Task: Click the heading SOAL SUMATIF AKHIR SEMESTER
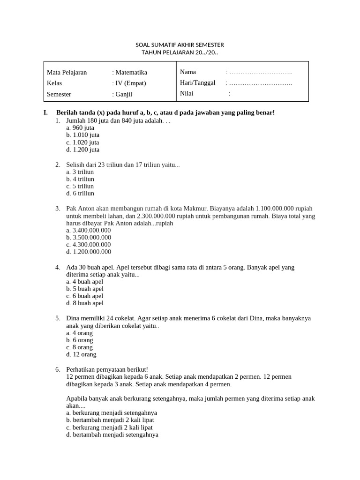pyautogui.click(x=180, y=45)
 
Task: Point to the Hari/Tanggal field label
pyautogui.click(x=197, y=82)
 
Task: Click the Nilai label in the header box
pyautogui.click(x=187, y=93)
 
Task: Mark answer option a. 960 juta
pyautogui.click(x=80, y=127)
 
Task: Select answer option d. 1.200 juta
pyautogui.click(x=83, y=150)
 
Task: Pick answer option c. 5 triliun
pyautogui.click(x=80, y=186)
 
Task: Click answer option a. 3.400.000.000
pyautogui.click(x=89, y=230)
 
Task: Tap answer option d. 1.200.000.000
pyautogui.click(x=89, y=252)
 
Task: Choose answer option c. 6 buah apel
pyautogui.click(x=85, y=296)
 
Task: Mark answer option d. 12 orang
pyautogui.click(x=81, y=354)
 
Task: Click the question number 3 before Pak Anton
pyautogui.click(x=57, y=208)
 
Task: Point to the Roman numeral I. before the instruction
pyautogui.click(x=45, y=112)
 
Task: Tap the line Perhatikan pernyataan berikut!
pyautogui.click(x=107, y=369)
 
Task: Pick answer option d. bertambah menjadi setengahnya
pyautogui.click(x=112, y=435)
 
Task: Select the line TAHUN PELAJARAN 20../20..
pyautogui.click(x=180, y=52)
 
